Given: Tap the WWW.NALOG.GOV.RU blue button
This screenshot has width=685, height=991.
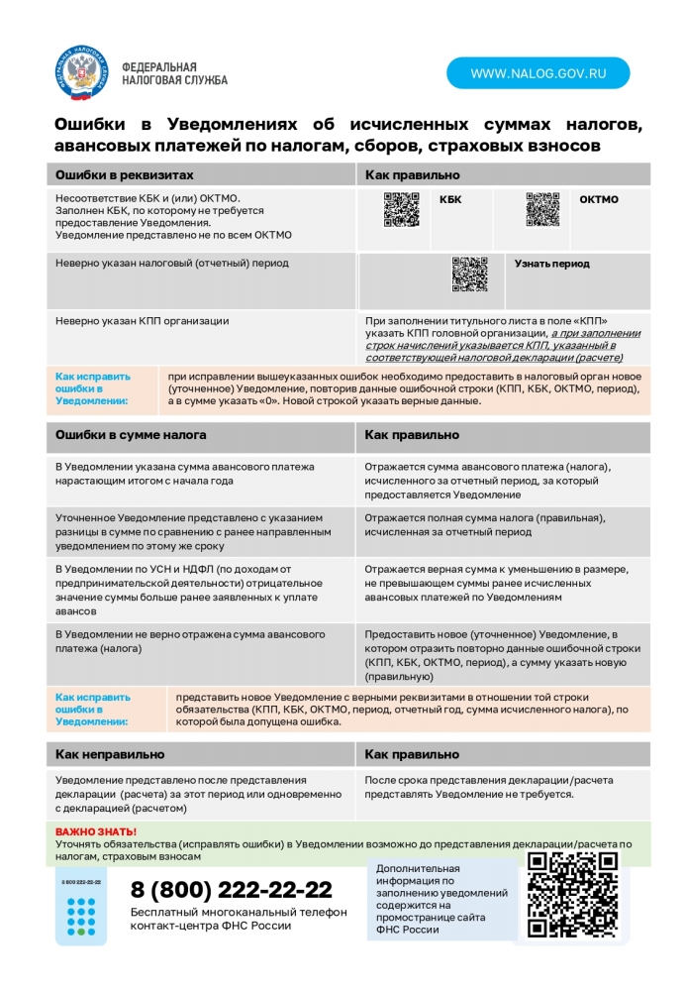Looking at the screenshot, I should click(538, 73).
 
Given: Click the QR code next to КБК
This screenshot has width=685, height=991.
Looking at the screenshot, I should click(401, 209).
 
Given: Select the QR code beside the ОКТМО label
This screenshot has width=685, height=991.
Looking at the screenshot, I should click(542, 209).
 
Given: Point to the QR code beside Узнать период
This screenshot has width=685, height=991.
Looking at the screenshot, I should click(470, 275).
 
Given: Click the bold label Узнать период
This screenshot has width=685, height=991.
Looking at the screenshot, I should click(551, 264).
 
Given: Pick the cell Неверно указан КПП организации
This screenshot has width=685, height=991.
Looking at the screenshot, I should click(142, 320).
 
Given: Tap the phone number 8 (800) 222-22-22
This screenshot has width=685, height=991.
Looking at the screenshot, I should click(232, 889).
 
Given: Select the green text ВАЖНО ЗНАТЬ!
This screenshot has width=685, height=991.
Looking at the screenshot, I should click(95, 831).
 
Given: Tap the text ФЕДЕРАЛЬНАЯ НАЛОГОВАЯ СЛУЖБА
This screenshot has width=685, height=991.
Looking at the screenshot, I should click(174, 72).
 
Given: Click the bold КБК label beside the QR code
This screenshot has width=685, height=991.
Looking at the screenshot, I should click(450, 199).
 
